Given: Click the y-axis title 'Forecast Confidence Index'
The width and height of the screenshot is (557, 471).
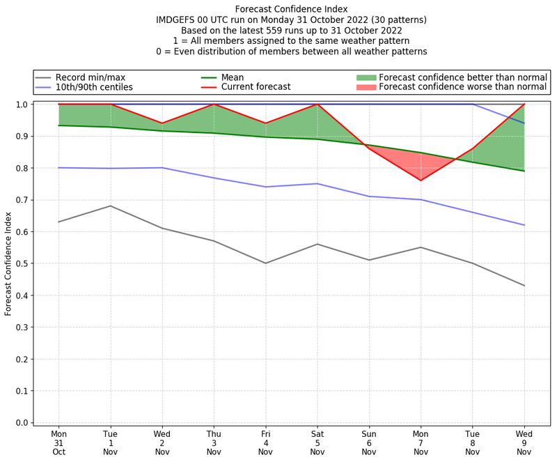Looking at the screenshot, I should pyautogui.click(x=9, y=263).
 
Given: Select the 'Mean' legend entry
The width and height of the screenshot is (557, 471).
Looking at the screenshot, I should pyautogui.click(x=233, y=77).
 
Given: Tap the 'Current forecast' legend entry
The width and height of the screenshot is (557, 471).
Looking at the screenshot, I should pyautogui.click(x=256, y=87).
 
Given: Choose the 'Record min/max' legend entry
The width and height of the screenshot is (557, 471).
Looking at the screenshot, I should pyautogui.click(x=91, y=77).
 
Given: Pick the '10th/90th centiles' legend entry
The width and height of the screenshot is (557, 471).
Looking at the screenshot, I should pyautogui.click(x=94, y=87).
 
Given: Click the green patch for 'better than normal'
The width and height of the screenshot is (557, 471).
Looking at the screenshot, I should pyautogui.click(x=366, y=77).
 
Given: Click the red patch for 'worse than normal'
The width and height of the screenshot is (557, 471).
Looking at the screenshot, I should pyautogui.click(x=366, y=87).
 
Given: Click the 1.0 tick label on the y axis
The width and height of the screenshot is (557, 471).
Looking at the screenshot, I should pyautogui.click(x=22, y=105).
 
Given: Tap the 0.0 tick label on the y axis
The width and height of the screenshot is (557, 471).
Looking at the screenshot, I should pyautogui.click(x=22, y=423).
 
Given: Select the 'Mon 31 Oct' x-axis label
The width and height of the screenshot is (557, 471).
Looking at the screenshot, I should pyautogui.click(x=58, y=442).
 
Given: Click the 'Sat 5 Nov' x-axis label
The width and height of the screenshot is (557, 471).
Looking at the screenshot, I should pyautogui.click(x=317, y=442).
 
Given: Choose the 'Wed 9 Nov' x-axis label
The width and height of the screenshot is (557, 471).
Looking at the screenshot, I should pyautogui.click(x=524, y=442).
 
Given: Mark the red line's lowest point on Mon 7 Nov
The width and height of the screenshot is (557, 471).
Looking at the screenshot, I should pyautogui.click(x=421, y=180).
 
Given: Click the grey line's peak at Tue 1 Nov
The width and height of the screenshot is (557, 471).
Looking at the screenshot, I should pyautogui.click(x=110, y=206).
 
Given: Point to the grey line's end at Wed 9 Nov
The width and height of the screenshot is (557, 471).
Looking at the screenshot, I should pyautogui.click(x=524, y=286).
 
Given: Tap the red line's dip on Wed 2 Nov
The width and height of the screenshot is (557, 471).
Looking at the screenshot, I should pyautogui.click(x=162, y=123).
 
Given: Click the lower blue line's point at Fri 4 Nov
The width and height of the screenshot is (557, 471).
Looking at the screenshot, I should pyautogui.click(x=265, y=187).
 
